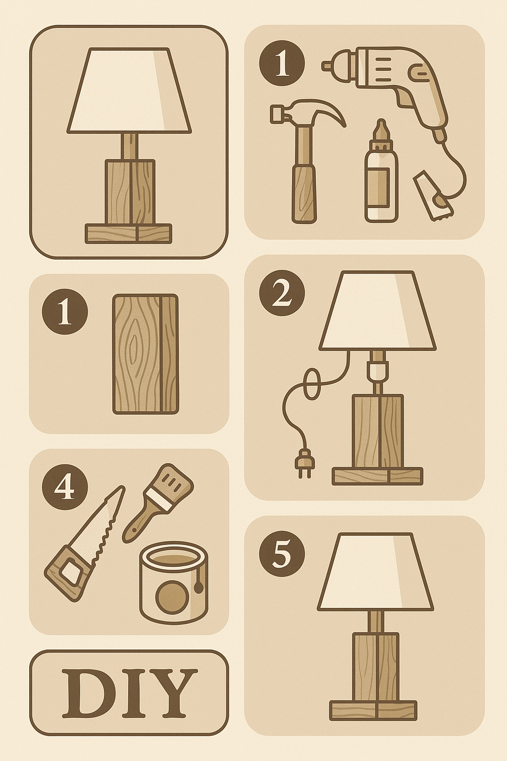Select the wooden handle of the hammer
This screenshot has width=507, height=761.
[304, 194]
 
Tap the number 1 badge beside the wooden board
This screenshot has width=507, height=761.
[64, 312]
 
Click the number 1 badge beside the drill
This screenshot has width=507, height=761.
[282, 63]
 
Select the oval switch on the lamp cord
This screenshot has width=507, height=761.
[310, 383]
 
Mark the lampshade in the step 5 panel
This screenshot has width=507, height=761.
[376, 571]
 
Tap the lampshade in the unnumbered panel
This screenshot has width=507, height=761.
[129, 90]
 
